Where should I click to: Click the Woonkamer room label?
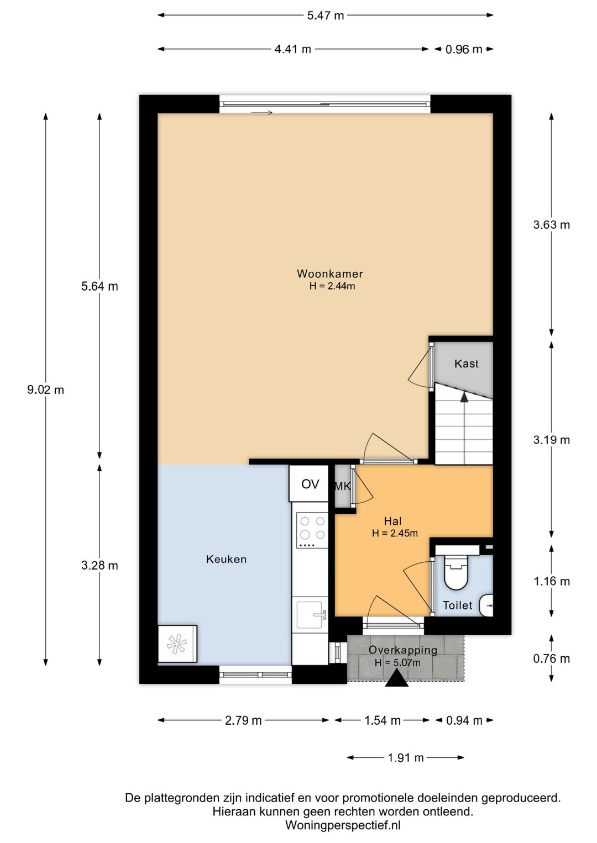[x=329, y=273]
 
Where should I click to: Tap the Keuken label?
[x=227, y=559]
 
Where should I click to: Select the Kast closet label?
[x=467, y=363]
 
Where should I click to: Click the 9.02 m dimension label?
[x=45, y=390]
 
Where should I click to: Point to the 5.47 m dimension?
[x=326, y=15]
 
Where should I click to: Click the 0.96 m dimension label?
[x=464, y=49]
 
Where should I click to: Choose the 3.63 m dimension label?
[x=552, y=225]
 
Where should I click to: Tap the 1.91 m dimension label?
[x=406, y=757]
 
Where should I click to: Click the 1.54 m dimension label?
[x=383, y=720]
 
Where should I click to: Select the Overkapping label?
[x=402, y=650]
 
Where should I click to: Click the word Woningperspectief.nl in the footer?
[x=343, y=825]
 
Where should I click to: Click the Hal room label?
[x=393, y=521]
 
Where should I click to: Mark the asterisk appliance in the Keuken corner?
[x=177, y=644]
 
